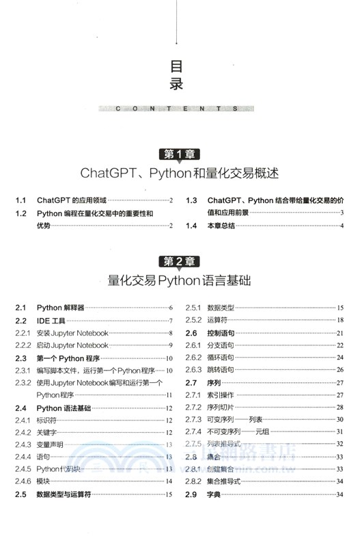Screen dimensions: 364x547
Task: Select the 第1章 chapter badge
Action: tap(177, 153)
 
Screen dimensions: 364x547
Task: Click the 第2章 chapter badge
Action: tap(177, 261)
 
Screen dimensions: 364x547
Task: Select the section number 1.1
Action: tap(20, 201)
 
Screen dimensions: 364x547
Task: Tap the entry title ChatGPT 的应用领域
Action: tap(72, 201)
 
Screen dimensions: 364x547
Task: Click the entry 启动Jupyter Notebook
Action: tap(72, 345)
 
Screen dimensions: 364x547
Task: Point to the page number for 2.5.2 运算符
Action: tap(339, 320)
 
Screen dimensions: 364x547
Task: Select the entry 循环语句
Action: tap(221, 358)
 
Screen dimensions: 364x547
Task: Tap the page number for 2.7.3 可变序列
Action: tap(339, 419)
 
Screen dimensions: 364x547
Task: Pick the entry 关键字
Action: tap(47, 432)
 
